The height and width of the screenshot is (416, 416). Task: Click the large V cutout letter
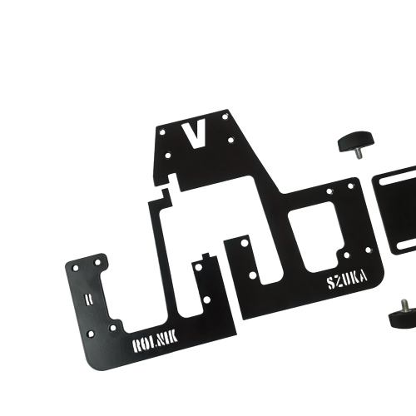tap(196, 135)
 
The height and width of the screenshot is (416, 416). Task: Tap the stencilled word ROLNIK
tap(155, 342)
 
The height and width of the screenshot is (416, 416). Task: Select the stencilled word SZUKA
tap(347, 280)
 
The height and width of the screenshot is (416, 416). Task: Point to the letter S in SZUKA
tap(331, 284)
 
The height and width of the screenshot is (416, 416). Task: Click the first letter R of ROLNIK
tap(136, 346)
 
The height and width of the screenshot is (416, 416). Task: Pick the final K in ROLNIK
tap(173, 337)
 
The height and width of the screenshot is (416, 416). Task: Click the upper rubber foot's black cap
tap(355, 141)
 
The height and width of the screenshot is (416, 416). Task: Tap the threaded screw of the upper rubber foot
tap(359, 153)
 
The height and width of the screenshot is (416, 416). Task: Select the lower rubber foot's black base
tap(403, 317)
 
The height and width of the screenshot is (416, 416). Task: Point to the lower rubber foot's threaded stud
tap(404, 304)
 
